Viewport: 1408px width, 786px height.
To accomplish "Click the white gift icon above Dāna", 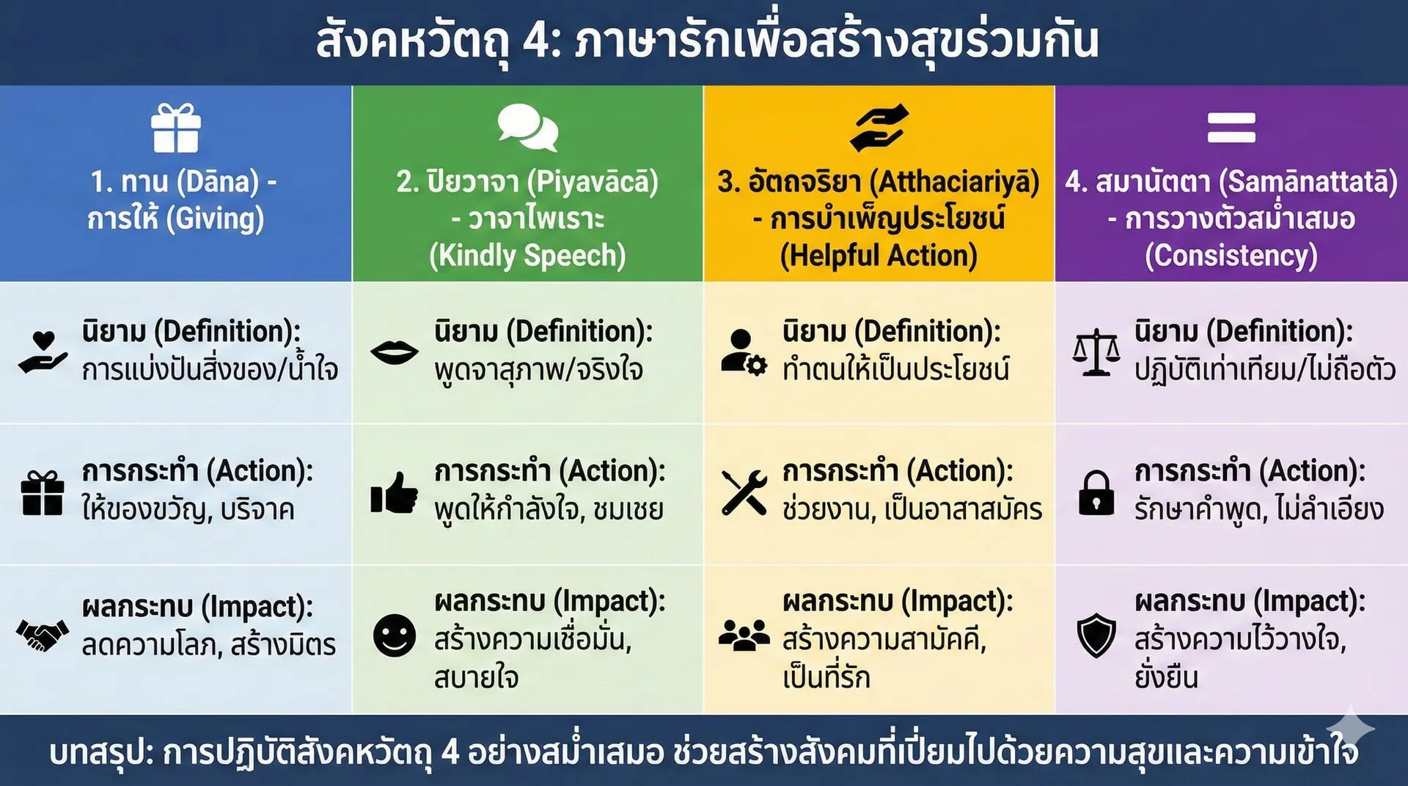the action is pos(176,128).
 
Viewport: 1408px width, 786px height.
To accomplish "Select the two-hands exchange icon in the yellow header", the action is pos(879,128).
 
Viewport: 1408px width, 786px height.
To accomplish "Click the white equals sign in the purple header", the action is pos(1231,128).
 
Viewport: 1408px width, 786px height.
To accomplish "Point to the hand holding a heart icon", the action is pos(43,352).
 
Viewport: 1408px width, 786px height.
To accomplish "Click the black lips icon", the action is pos(395,353).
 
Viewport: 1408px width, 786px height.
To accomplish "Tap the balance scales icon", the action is pos(1096,353).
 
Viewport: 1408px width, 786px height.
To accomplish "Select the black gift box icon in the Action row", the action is pos(43,493).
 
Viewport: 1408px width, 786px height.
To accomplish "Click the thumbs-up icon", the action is pos(395,492).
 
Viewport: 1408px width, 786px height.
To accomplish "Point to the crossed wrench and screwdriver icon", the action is pos(744,492).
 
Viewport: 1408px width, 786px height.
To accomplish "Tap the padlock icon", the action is pos(1096,492).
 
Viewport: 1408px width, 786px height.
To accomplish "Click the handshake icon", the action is pos(43,636).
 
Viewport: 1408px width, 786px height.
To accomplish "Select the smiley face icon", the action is pos(395,636).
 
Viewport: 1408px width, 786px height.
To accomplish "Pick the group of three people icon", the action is pos(744,636).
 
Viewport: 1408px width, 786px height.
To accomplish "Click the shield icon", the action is pos(1096,636).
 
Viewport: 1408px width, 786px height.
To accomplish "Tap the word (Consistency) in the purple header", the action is pos(1231,255).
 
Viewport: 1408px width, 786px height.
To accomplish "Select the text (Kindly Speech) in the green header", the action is pos(527,255).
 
